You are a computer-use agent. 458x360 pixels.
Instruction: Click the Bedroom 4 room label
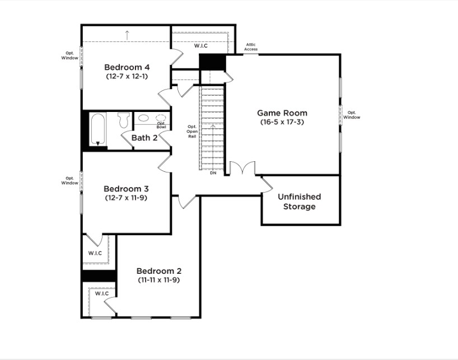tap(127, 67)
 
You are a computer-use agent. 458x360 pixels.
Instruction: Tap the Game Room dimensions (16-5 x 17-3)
tap(282, 122)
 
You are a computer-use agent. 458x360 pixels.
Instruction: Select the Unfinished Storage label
tap(300, 202)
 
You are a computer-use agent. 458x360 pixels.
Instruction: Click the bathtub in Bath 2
tap(97, 129)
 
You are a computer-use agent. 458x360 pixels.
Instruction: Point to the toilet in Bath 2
tap(124, 120)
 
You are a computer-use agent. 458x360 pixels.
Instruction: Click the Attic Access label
tap(251, 46)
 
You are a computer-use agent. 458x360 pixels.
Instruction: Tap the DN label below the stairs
tap(213, 173)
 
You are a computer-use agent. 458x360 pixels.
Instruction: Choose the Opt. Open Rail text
tap(192, 132)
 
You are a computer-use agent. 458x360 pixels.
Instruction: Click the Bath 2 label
tap(144, 138)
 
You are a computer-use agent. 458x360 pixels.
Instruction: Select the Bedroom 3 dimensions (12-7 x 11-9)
tap(126, 198)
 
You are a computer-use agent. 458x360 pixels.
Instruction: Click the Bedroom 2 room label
tap(159, 270)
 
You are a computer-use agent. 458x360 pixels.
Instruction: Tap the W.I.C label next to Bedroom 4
tap(200, 46)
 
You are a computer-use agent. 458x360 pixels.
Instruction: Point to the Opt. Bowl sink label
tap(161, 125)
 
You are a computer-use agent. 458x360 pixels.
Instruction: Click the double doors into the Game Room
tap(242, 168)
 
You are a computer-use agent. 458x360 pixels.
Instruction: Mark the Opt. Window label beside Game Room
tap(352, 115)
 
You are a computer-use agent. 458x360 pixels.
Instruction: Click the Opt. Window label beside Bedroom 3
tap(69, 180)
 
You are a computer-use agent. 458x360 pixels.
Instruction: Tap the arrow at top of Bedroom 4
tap(127, 35)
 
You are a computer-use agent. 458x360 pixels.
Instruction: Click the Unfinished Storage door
tap(267, 185)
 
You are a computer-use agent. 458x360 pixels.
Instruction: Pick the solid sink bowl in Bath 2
tap(143, 118)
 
